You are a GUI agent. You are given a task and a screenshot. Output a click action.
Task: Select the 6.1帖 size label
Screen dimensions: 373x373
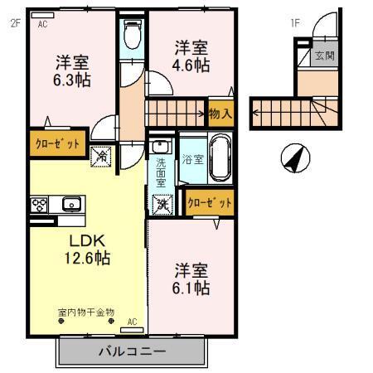[191, 288]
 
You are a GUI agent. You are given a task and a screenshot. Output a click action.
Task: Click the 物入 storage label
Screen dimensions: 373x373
[220, 114]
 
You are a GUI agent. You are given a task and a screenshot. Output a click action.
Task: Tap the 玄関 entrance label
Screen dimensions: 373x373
[322, 56]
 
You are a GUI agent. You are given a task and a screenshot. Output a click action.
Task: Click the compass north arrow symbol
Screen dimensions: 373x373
[294, 157]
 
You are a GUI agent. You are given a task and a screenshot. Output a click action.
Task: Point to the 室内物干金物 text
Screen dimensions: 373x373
[86, 312]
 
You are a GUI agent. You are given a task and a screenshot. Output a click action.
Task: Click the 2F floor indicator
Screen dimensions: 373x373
[14, 23]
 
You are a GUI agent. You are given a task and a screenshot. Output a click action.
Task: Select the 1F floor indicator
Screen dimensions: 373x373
[294, 23]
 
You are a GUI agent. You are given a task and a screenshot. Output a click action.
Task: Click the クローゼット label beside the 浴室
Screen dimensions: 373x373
[209, 201]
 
